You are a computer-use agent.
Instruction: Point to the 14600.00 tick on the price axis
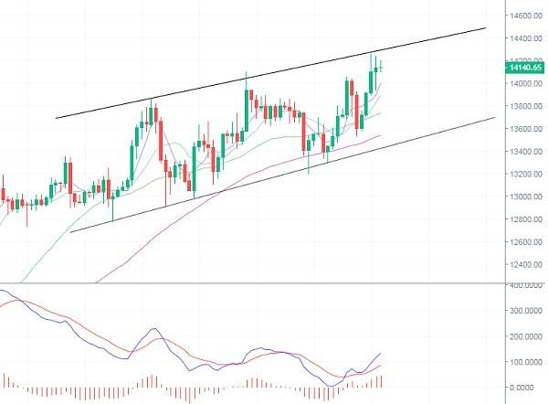[525, 16]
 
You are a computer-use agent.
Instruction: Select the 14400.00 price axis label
[525, 38]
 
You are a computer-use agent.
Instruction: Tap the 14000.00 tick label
[525, 84]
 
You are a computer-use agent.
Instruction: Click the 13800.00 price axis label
[525, 106]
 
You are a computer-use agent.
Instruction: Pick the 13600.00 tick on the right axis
[525, 129]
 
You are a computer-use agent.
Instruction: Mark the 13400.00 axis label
[525, 152]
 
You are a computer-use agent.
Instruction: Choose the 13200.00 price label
[525, 174]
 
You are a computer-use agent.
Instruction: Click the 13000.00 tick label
[525, 197]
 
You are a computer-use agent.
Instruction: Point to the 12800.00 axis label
[525, 219]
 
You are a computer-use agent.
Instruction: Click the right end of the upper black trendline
[485, 29]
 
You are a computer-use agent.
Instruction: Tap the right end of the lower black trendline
[494, 118]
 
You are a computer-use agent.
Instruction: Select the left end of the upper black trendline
[57, 117]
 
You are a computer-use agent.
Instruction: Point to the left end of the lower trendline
[70, 231]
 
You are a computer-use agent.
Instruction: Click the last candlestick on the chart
[380, 64]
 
